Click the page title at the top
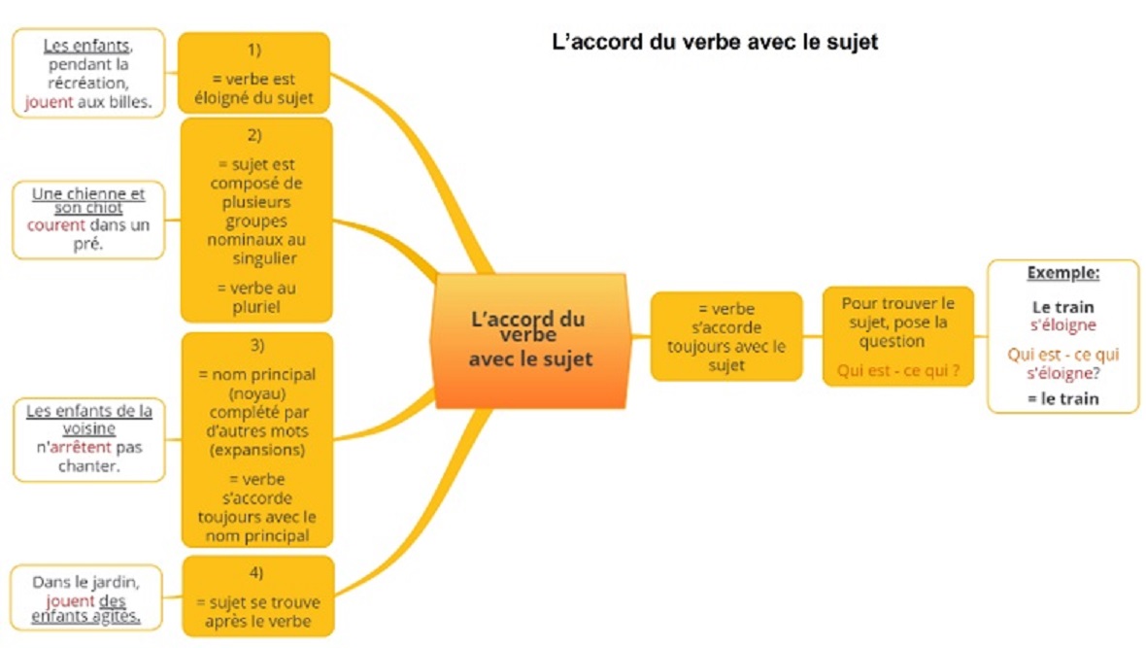click(715, 42)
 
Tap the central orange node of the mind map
click(530, 340)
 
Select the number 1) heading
click(253, 50)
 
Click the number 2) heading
click(254, 135)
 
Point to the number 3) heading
click(256, 345)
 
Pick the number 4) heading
click(255, 572)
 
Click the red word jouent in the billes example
click(49, 102)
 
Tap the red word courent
click(56, 224)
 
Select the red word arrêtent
click(81, 447)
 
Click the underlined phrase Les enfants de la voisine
click(89, 419)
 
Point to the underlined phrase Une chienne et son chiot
click(88, 200)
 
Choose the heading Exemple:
click(1062, 273)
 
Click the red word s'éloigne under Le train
click(1062, 324)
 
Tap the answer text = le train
click(1062, 398)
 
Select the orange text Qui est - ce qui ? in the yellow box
click(898, 371)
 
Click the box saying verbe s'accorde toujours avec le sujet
click(726, 336)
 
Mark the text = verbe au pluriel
click(255, 297)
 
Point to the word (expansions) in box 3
click(257, 450)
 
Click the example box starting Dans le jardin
click(86, 598)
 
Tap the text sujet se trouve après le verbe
click(258, 611)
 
